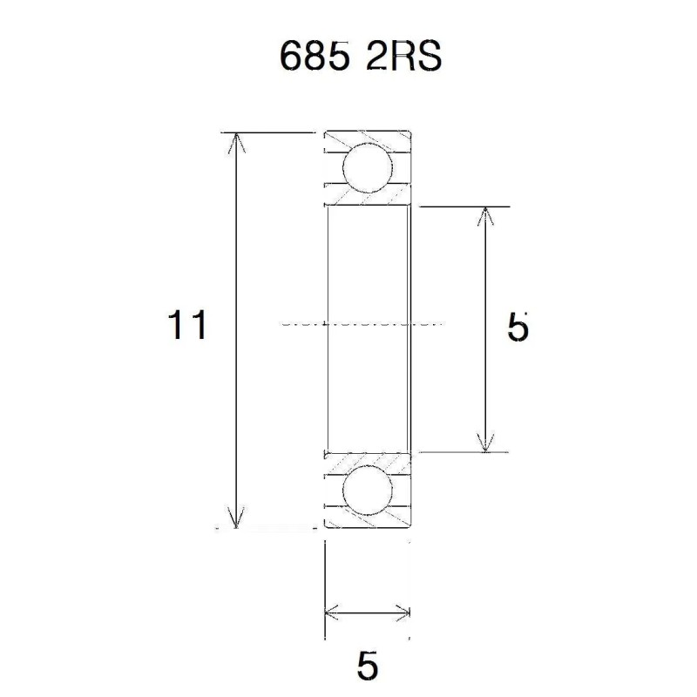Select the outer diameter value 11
[187, 327]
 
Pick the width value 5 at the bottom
[368, 667]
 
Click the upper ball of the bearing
[366, 168]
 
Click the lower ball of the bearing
[366, 491]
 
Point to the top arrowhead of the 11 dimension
[234, 142]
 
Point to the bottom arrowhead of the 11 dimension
[234, 519]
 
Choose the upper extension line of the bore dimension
[462, 207]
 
